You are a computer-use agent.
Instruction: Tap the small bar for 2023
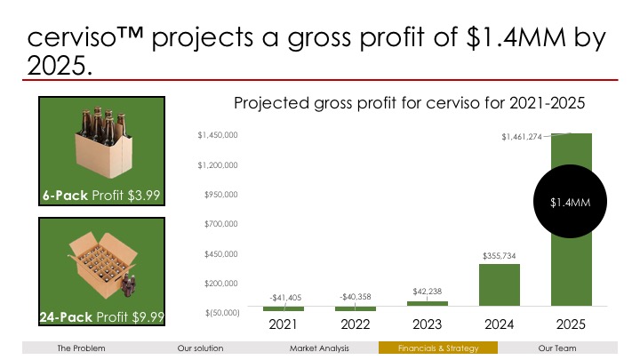pyautogui.click(x=428, y=304)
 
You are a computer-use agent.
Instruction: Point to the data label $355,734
pyautogui.click(x=500, y=256)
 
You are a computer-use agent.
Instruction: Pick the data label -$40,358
pyautogui.click(x=356, y=296)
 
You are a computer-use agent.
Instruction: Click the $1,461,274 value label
pyautogui.click(x=521, y=137)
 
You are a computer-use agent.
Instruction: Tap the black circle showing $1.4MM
pyautogui.click(x=571, y=204)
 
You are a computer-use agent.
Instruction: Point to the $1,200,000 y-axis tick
pyautogui.click(x=216, y=165)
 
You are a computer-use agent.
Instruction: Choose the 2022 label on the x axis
pyautogui.click(x=356, y=324)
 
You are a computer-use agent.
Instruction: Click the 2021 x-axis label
pyautogui.click(x=284, y=324)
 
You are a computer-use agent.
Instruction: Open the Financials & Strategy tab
pyautogui.click(x=438, y=348)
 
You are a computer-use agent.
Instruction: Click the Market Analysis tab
pyautogui.click(x=319, y=348)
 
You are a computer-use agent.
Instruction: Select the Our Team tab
pyautogui.click(x=557, y=348)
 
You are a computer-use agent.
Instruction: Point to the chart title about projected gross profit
pyautogui.click(x=408, y=104)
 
